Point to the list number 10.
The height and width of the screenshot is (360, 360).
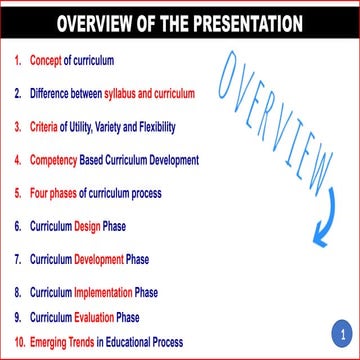[x=18, y=342]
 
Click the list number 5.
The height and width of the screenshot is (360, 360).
[x=18, y=193]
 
